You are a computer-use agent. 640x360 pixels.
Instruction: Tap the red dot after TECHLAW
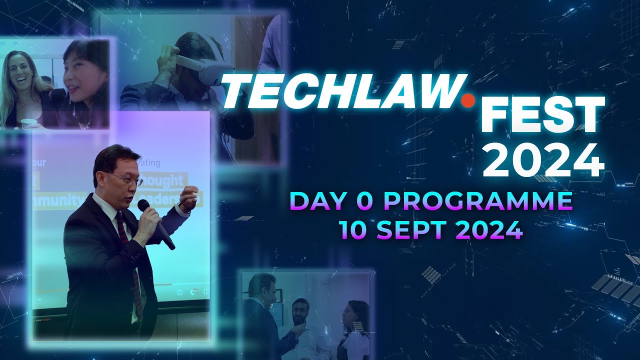click(468, 102)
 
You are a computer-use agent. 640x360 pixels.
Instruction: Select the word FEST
click(542, 115)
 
